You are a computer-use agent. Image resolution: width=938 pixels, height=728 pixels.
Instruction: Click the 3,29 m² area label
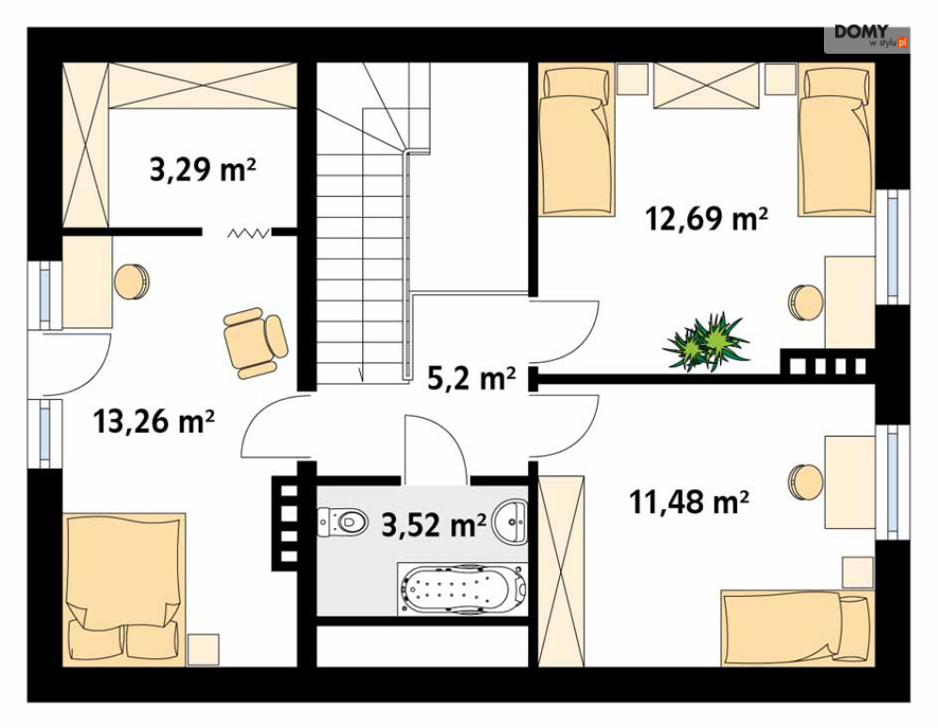point(203,170)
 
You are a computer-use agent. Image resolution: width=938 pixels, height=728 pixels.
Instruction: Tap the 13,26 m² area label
point(154,422)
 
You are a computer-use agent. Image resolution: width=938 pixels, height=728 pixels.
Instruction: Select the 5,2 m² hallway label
point(471,377)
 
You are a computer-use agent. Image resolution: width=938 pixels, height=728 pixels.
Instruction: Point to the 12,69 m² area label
point(706,218)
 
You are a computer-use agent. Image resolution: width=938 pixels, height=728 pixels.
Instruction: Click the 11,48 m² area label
point(689,502)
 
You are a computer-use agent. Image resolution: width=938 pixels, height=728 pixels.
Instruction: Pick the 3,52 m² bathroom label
point(434,525)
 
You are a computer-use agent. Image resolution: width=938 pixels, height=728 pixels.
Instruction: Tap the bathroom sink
point(510,521)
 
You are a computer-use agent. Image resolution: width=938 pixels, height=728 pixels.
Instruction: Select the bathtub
point(463,588)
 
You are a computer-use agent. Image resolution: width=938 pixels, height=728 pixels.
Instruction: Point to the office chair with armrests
point(255,342)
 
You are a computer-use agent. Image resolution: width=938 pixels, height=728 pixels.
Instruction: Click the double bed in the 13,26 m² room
point(123,589)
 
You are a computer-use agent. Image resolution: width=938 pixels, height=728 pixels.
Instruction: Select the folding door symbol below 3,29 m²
point(248,232)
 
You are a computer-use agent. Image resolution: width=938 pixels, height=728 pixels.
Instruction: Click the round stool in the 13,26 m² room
point(132,281)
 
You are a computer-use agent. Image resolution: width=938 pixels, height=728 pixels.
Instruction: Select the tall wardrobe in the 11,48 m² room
point(561,571)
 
